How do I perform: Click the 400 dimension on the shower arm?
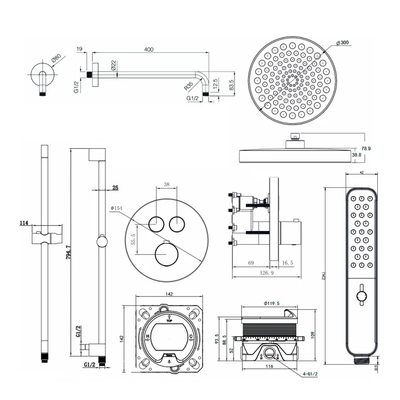click(x=149, y=49)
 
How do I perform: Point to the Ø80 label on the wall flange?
click(x=57, y=60)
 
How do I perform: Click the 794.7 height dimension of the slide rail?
click(x=68, y=255)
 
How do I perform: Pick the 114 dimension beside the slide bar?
click(x=23, y=223)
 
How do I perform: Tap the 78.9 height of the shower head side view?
click(x=366, y=149)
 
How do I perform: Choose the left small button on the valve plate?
click(x=156, y=224)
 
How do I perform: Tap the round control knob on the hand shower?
click(x=360, y=295)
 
